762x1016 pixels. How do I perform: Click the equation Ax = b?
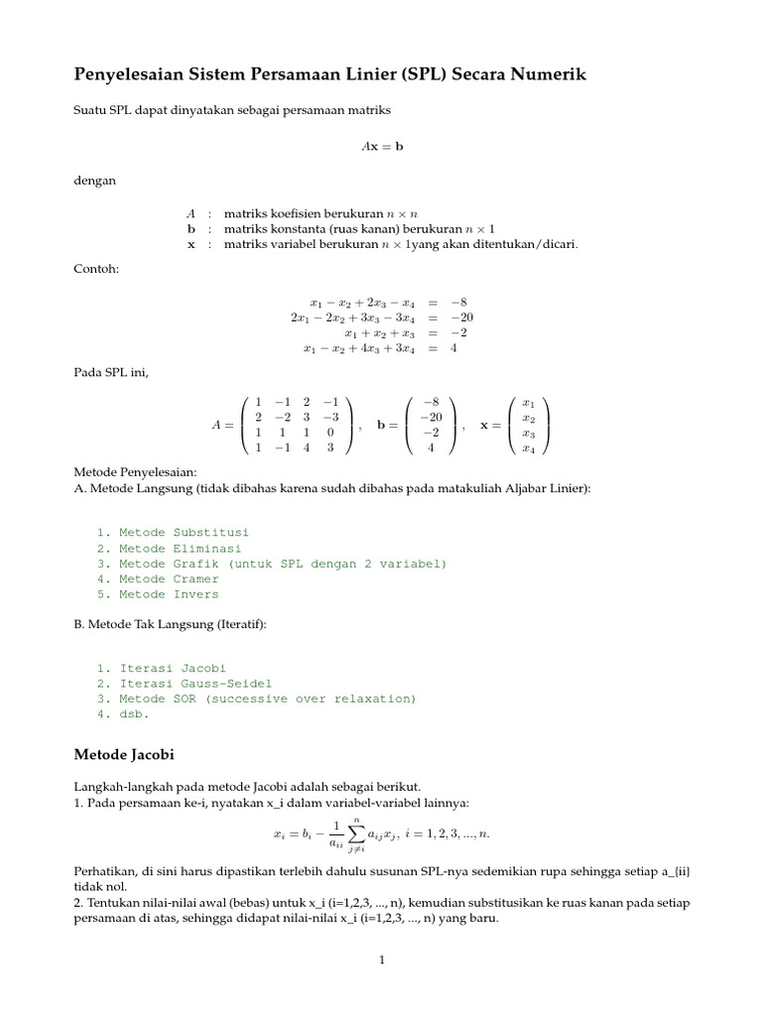click(381, 146)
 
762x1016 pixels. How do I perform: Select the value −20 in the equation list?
click(461, 317)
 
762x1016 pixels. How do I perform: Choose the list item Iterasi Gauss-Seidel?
click(194, 684)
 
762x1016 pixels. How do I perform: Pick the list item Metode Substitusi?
click(184, 533)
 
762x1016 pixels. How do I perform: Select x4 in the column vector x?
click(528, 448)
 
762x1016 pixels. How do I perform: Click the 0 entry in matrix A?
click(329, 433)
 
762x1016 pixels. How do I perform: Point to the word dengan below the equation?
click(95, 181)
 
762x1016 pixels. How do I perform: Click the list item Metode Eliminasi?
click(180, 548)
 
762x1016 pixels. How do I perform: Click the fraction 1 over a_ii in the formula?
click(336, 835)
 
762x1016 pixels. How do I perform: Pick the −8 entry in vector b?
click(430, 402)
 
